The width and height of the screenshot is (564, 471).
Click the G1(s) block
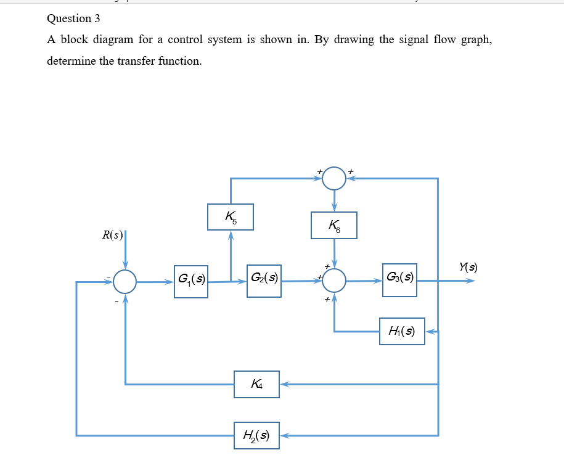click(191, 281)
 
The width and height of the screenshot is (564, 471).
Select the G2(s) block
click(264, 281)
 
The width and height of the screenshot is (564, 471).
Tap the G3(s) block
click(399, 280)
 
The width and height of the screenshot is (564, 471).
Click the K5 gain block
click(231, 217)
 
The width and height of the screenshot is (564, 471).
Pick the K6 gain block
click(334, 226)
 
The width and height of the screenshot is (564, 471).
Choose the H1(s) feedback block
click(402, 332)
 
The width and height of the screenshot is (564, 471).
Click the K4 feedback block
click(256, 384)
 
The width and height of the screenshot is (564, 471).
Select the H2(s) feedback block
click(256, 435)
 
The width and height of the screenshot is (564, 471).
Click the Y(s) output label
click(468, 267)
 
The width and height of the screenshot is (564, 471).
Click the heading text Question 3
click(73, 18)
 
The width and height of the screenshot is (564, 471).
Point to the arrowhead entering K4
click(285, 384)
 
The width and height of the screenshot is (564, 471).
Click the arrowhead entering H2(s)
click(285, 435)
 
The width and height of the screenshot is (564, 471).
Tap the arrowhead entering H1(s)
click(430, 332)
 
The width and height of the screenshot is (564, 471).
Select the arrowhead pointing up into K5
click(231, 235)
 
